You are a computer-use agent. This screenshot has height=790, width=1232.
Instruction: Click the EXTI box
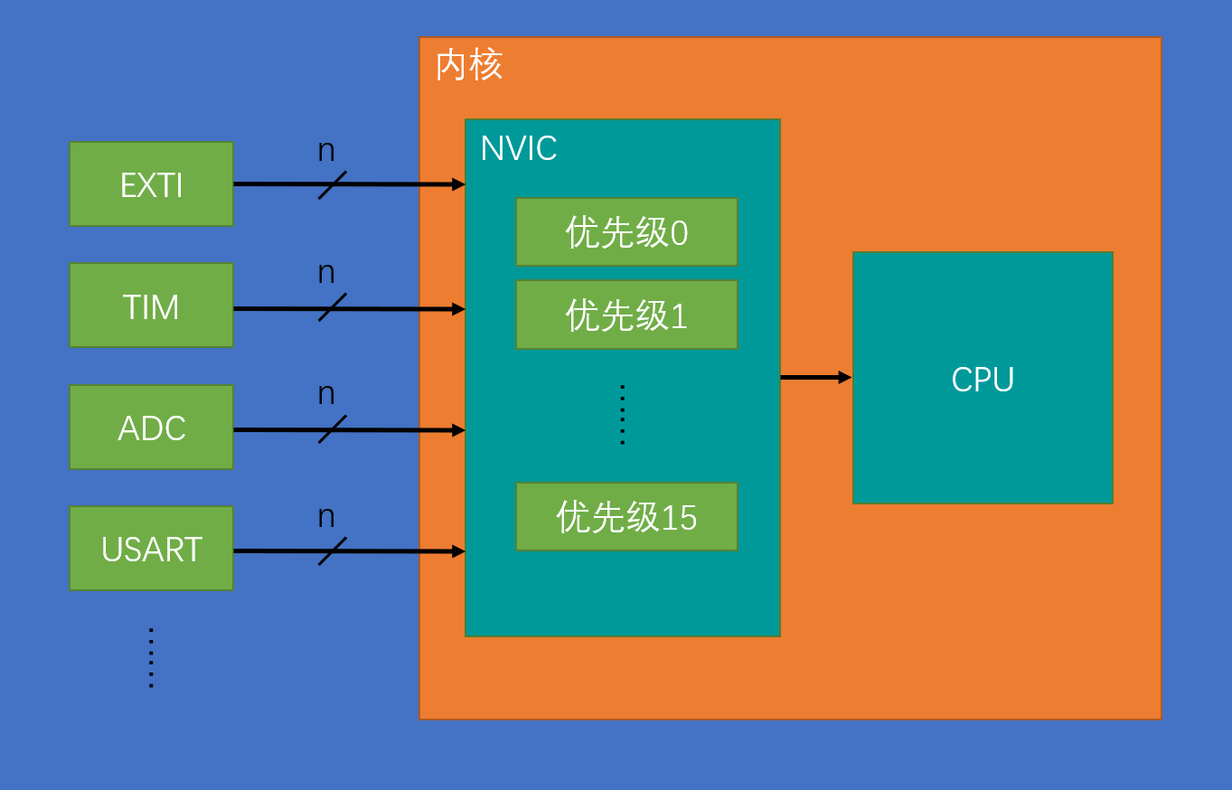point(151,184)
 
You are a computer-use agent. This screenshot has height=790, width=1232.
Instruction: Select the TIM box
point(151,306)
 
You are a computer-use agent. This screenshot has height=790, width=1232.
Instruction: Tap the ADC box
point(151,428)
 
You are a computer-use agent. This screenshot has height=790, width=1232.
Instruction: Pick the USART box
point(151,549)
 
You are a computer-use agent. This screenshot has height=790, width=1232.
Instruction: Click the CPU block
point(983,378)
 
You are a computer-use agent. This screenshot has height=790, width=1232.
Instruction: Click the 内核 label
point(469,65)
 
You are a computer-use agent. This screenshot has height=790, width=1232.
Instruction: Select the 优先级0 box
point(626,232)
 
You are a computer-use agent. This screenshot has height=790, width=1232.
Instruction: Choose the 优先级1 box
point(626,315)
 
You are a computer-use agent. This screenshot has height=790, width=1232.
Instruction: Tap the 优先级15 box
point(626,517)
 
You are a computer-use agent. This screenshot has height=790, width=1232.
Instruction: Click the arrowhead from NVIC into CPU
point(845,377)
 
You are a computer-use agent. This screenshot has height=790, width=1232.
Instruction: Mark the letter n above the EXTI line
point(326,151)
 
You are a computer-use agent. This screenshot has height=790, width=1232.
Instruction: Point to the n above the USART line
point(326,517)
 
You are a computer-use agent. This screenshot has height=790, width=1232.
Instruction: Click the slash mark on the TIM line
point(332,307)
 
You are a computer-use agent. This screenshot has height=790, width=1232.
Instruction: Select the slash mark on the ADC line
point(332,429)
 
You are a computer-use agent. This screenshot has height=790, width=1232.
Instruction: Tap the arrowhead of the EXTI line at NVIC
point(458,184)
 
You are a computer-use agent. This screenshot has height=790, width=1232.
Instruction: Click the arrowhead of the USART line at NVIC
point(458,551)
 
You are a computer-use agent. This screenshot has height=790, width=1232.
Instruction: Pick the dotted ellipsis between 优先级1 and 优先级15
point(622,415)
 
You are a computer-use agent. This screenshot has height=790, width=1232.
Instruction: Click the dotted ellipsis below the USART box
point(151,658)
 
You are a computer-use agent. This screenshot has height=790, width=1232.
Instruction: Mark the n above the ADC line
point(326,395)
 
